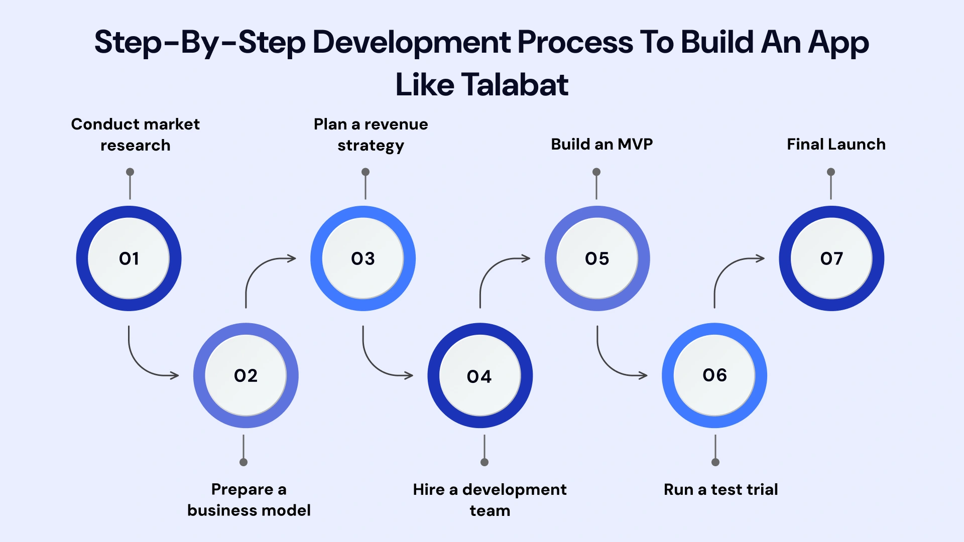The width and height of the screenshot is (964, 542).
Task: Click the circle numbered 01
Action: tap(129, 258)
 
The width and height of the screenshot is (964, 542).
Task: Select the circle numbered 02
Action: tap(246, 375)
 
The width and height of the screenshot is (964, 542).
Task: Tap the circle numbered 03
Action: tap(363, 258)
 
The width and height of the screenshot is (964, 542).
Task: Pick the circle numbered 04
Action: tap(479, 376)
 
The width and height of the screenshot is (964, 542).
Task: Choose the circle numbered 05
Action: tap(597, 258)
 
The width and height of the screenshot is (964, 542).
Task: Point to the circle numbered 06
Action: tap(714, 375)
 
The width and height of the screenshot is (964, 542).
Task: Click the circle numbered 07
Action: tap(831, 258)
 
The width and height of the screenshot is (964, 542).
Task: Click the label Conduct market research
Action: tap(135, 134)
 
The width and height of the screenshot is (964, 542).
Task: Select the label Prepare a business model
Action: tap(249, 499)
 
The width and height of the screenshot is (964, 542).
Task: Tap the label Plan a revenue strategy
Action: tap(371, 134)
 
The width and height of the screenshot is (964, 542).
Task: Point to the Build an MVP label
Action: tap(601, 145)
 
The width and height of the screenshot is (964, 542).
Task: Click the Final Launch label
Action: tap(836, 145)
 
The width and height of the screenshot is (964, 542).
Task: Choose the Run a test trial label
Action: tap(720, 489)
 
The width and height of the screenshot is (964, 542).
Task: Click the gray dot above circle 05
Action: tap(596, 172)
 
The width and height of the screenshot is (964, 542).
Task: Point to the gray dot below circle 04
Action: tap(485, 462)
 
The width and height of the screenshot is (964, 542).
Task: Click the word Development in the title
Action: tap(412, 42)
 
